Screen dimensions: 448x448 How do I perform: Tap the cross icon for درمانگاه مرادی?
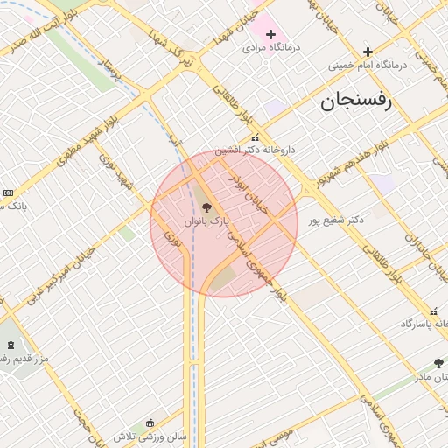pos(270,34)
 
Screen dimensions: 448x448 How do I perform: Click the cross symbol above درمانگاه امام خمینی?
pos(367,52)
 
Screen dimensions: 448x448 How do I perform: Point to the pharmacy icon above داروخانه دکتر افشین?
pos(255,138)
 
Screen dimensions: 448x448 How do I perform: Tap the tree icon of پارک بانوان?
pos(206,207)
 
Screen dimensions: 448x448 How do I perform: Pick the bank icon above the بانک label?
pos(8,192)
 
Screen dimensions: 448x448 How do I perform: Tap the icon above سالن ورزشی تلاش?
pos(150,423)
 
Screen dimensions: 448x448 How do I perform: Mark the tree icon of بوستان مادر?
pos(438,363)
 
